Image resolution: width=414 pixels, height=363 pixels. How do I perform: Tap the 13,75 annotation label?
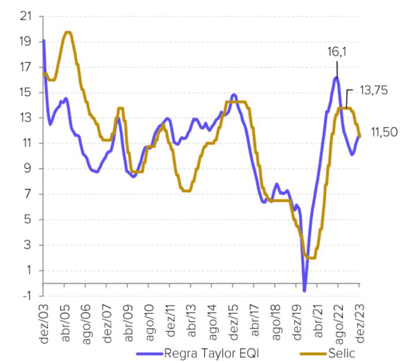click(375, 91)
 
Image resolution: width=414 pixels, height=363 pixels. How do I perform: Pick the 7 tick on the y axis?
click(27, 194)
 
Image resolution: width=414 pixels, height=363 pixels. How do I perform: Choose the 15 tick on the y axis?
click(25, 92)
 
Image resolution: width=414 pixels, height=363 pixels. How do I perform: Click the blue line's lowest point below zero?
click(304, 290)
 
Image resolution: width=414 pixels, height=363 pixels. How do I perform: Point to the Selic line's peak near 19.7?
click(68, 32)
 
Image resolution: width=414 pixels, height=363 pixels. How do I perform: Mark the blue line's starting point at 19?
click(44, 41)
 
